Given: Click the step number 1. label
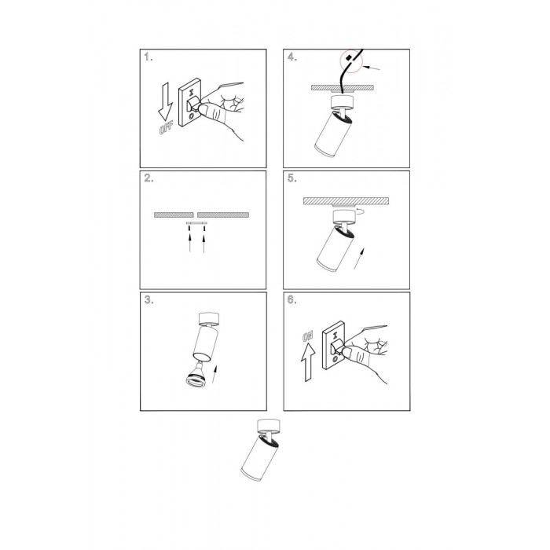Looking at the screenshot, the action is pyautogui.click(x=148, y=57).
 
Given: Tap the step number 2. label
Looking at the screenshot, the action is pyautogui.click(x=148, y=178).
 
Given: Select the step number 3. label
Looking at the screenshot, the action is pyautogui.click(x=148, y=300).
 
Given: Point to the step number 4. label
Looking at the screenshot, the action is pyautogui.click(x=292, y=57).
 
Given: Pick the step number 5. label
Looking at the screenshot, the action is pyautogui.click(x=291, y=178).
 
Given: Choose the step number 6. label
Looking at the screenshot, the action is pyautogui.click(x=291, y=300).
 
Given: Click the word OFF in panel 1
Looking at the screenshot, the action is pyautogui.click(x=167, y=128).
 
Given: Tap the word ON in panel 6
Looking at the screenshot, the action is pyautogui.click(x=308, y=336).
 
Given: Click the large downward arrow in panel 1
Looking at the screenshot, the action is pyautogui.click(x=165, y=101).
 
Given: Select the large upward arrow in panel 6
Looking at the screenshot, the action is pyautogui.click(x=308, y=362).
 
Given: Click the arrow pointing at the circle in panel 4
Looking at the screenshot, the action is pyautogui.click(x=371, y=68).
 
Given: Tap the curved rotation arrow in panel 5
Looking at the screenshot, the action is pyautogui.click(x=360, y=211).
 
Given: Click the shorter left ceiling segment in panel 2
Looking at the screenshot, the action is pyautogui.click(x=174, y=214).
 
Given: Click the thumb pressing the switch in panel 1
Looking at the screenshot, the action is pyautogui.click(x=213, y=112).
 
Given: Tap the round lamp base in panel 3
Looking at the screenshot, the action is pyautogui.click(x=209, y=318).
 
